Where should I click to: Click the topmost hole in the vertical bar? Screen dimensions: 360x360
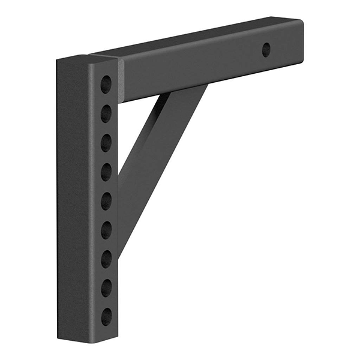click(106, 84)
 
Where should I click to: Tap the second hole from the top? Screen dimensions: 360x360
click(106, 113)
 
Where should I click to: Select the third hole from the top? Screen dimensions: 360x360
click(106, 142)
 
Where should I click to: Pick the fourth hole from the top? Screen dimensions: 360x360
click(106, 172)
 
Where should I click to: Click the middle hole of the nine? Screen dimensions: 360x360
click(106, 201)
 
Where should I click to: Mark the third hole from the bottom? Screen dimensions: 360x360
click(106, 259)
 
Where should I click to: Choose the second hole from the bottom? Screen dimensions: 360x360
click(106, 288)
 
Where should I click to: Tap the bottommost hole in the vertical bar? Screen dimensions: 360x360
click(106, 316)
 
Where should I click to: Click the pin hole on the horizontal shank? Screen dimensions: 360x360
click(266, 50)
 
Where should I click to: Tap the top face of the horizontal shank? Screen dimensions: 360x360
click(198, 38)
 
